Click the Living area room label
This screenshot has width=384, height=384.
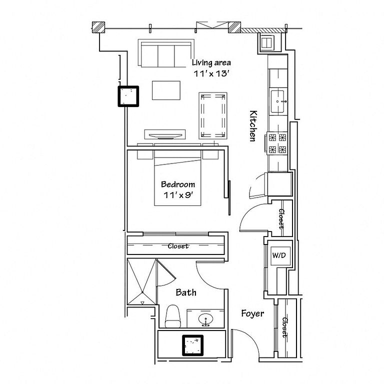pos(211,63)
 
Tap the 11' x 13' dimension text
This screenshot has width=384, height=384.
pos(211,73)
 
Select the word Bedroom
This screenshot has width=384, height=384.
pos(178,184)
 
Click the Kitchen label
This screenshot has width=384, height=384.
pos(253,126)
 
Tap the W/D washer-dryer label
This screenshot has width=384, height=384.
pos(279,255)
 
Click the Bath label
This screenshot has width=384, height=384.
pos(186,292)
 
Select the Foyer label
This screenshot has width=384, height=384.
pos(252,313)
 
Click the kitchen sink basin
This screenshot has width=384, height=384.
pos(277,101)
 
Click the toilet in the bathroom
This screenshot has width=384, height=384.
pos(172,316)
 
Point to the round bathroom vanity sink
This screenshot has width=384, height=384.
pos(205,319)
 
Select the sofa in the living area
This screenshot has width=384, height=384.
pos(166,53)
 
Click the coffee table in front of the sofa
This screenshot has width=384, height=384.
pos(166,90)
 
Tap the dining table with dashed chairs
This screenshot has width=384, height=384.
pos(213,115)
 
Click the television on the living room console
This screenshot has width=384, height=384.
pos(165,135)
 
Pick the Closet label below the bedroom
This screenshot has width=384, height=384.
pos(178,246)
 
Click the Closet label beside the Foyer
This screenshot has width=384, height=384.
pos(285,327)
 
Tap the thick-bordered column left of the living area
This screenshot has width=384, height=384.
pos(128,96)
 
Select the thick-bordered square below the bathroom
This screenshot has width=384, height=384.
pos(192,345)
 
